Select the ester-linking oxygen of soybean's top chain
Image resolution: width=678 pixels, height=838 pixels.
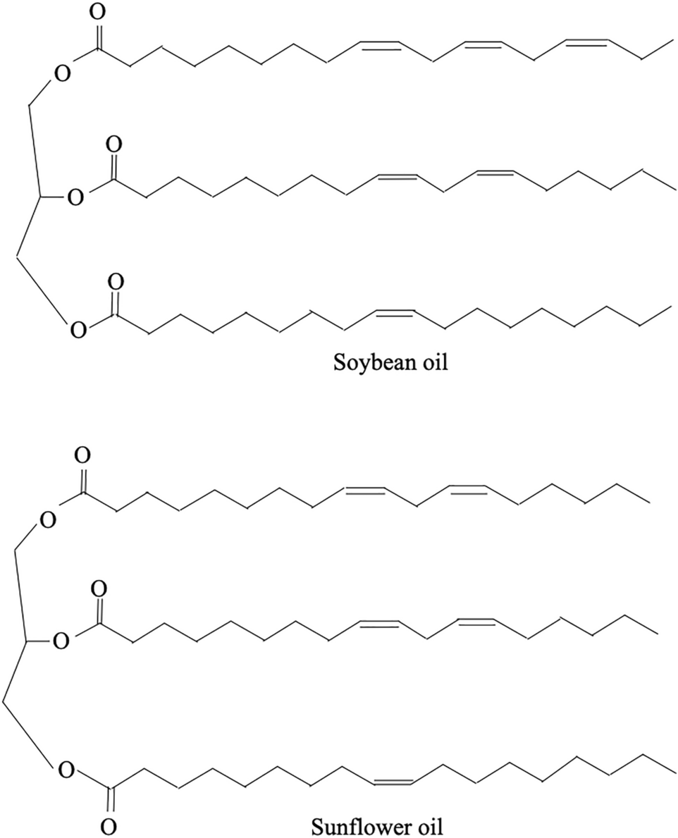pos(62,73)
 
